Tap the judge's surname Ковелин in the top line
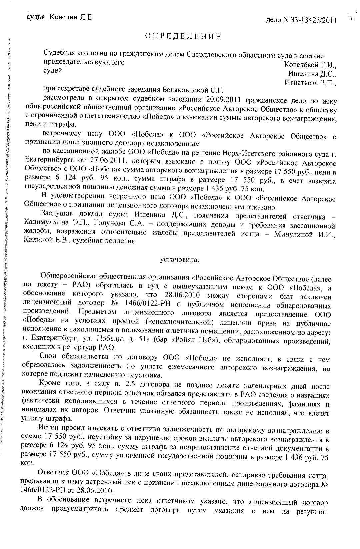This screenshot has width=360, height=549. click(x=63, y=18)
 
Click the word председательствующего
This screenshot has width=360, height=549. click(x=84, y=62)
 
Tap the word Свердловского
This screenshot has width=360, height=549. click(x=209, y=54)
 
